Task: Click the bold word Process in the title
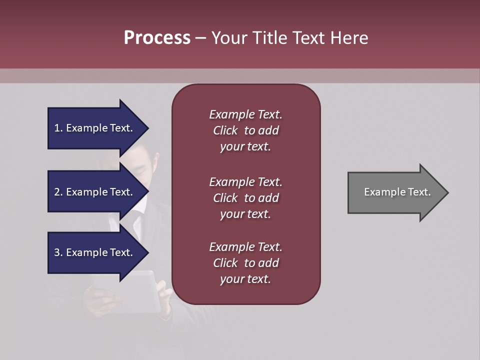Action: pos(157,38)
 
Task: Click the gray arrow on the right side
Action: pos(395,192)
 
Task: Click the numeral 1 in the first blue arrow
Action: pos(56,128)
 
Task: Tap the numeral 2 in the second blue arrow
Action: pos(56,192)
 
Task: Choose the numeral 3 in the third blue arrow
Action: pos(56,252)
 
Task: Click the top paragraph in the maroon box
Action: pos(245,130)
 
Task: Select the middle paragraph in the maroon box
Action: pos(245,198)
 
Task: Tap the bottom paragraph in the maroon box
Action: pos(245,263)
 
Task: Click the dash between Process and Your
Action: pos(201,38)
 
